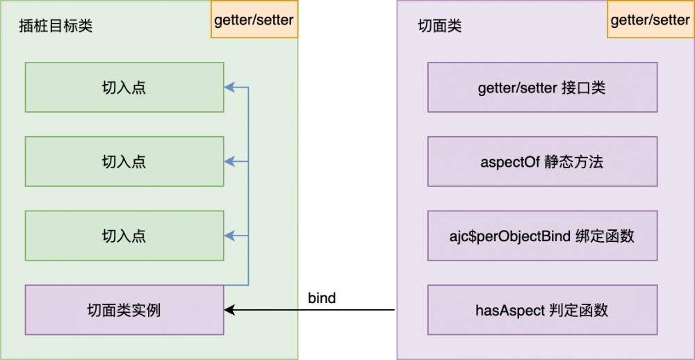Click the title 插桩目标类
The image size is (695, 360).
click(x=56, y=26)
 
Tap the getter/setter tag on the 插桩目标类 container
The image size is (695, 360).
click(x=254, y=20)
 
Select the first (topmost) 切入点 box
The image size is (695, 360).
click(x=124, y=87)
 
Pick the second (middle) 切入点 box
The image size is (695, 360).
click(x=124, y=161)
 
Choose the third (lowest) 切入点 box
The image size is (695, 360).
click(x=124, y=236)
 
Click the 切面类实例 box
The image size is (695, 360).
click(x=124, y=309)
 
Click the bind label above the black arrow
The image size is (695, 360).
click(x=322, y=298)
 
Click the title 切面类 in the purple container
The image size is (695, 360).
click(x=439, y=26)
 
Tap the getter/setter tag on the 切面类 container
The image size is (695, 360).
click(x=650, y=20)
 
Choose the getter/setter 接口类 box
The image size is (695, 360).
click(x=542, y=88)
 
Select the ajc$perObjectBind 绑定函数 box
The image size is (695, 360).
click(x=542, y=236)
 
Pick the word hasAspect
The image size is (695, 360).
click(x=510, y=310)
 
